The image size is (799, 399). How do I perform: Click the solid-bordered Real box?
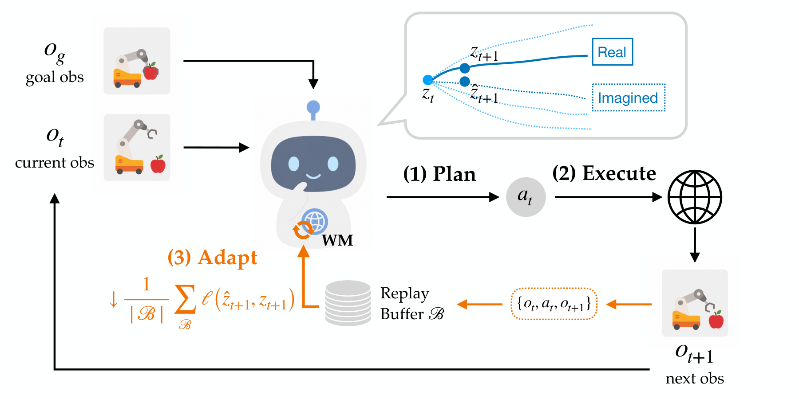click(x=613, y=52)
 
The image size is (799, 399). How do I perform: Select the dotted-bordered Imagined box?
click(x=629, y=98)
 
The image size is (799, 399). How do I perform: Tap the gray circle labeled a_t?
click(x=526, y=197)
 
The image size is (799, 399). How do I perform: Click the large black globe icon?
click(x=695, y=197)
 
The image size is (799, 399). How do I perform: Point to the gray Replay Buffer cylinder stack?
click(x=348, y=303)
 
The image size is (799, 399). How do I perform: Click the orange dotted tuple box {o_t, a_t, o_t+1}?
click(x=554, y=304)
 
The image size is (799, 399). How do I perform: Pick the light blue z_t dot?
click(x=428, y=80)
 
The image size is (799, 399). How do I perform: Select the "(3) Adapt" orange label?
click(x=212, y=257)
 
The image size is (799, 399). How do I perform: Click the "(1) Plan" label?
click(x=439, y=174)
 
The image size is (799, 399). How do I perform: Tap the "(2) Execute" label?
click(x=604, y=173)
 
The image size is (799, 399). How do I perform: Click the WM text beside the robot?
click(x=337, y=240)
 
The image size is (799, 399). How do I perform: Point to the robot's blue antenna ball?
click(x=313, y=107)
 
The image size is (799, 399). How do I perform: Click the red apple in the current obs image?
click(x=158, y=164)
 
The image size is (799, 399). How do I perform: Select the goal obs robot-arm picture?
click(x=137, y=61)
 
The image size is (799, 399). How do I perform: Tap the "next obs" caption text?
click(x=695, y=378)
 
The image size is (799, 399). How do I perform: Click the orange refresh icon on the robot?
click(x=303, y=230)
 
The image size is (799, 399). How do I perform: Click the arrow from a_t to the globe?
click(x=609, y=197)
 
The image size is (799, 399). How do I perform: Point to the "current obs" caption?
click(x=55, y=163)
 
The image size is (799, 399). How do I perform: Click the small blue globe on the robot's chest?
click(x=315, y=221)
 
